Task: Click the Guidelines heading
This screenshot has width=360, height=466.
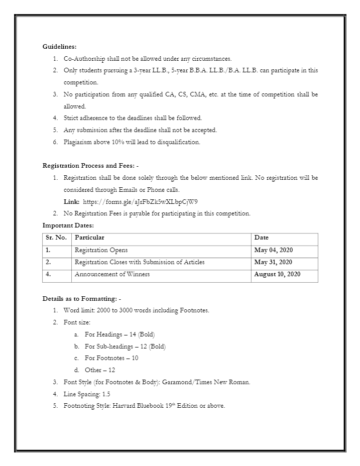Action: [x=59, y=47]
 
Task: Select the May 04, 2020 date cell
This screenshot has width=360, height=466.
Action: [x=273, y=250]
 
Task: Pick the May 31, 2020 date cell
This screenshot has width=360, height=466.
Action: [x=273, y=262]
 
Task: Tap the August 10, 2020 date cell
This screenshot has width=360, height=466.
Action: [x=277, y=274]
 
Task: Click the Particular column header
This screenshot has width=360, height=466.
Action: [x=89, y=238]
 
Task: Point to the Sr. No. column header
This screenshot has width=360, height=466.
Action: [x=56, y=238]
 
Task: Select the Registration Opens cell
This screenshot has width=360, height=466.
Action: [x=101, y=250]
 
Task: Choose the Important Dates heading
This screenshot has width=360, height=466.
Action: [x=68, y=225]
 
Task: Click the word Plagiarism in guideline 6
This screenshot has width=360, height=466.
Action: [x=78, y=142]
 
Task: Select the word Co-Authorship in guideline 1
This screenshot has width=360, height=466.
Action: [x=81, y=59]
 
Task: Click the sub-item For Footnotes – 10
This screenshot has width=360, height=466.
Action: [x=111, y=358]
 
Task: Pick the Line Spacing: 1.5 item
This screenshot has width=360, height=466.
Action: [x=86, y=394]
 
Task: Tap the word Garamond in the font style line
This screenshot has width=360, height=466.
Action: [x=180, y=382]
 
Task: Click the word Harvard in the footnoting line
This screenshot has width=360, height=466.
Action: [x=119, y=406]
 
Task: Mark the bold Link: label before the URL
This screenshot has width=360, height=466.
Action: [x=71, y=201]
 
